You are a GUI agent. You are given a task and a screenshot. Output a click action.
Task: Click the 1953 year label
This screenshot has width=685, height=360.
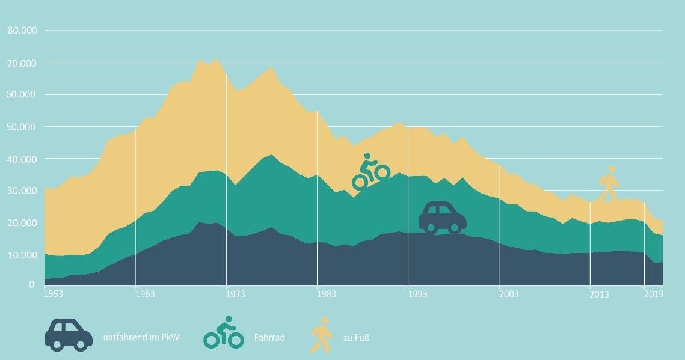(x=54, y=294)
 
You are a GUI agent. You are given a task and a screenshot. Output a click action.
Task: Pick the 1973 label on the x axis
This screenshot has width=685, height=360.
(x=235, y=294)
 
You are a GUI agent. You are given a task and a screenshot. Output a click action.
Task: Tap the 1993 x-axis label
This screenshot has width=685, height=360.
(x=417, y=294)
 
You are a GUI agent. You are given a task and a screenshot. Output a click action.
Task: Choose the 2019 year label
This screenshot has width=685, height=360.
(x=654, y=294)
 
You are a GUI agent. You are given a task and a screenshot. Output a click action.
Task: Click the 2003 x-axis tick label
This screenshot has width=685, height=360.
(x=508, y=294)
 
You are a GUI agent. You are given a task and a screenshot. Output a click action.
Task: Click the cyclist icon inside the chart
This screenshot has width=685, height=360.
(x=370, y=172)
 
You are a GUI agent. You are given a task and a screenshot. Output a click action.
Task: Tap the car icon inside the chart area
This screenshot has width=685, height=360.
(x=443, y=218)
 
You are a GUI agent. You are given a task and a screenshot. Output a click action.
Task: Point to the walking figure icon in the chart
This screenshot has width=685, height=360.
(x=608, y=184)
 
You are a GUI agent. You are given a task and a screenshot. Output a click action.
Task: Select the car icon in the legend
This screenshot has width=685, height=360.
(x=69, y=334)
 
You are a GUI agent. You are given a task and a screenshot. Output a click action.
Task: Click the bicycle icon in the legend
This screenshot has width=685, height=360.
(x=224, y=332)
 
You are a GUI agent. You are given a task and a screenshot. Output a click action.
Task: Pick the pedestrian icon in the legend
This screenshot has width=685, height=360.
(x=321, y=334)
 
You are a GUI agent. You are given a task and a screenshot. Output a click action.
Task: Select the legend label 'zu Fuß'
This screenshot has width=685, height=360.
(x=356, y=338)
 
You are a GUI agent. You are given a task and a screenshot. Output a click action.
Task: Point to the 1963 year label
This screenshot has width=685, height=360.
(x=145, y=294)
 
